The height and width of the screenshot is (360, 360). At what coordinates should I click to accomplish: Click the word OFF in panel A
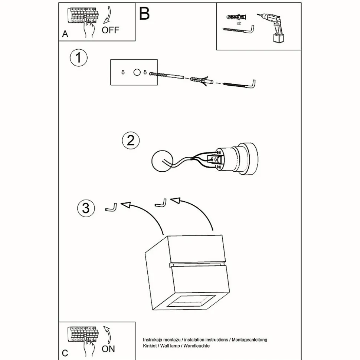111,30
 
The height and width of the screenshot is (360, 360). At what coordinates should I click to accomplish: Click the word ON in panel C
108,349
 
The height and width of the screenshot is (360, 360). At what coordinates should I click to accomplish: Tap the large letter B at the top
144,14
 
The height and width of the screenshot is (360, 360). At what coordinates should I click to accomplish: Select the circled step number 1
78,58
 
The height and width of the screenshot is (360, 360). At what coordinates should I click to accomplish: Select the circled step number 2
131,141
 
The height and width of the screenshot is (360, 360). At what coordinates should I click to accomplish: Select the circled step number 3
86,208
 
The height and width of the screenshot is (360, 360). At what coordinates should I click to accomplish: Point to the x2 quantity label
238,23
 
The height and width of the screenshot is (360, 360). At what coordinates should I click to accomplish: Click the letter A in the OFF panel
65,34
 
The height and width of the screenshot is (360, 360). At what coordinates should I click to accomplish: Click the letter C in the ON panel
65,353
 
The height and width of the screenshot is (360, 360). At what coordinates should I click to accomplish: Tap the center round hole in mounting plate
137,73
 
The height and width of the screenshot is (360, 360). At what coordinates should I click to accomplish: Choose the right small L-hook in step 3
160,203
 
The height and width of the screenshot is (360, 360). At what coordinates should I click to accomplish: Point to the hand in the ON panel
88,347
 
